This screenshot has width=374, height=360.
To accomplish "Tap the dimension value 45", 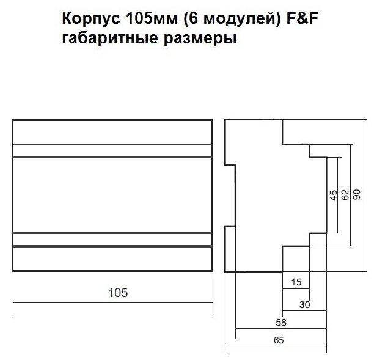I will pyautogui.click(x=333, y=196).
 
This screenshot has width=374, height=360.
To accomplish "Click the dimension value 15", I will pyautogui.click(x=297, y=282).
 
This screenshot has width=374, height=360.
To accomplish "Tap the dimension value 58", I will pyautogui.click(x=282, y=321).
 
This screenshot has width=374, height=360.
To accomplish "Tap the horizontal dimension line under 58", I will pyautogui.click(x=282, y=328).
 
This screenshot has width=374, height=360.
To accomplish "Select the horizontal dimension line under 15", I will pyautogui.click(x=296, y=288).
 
